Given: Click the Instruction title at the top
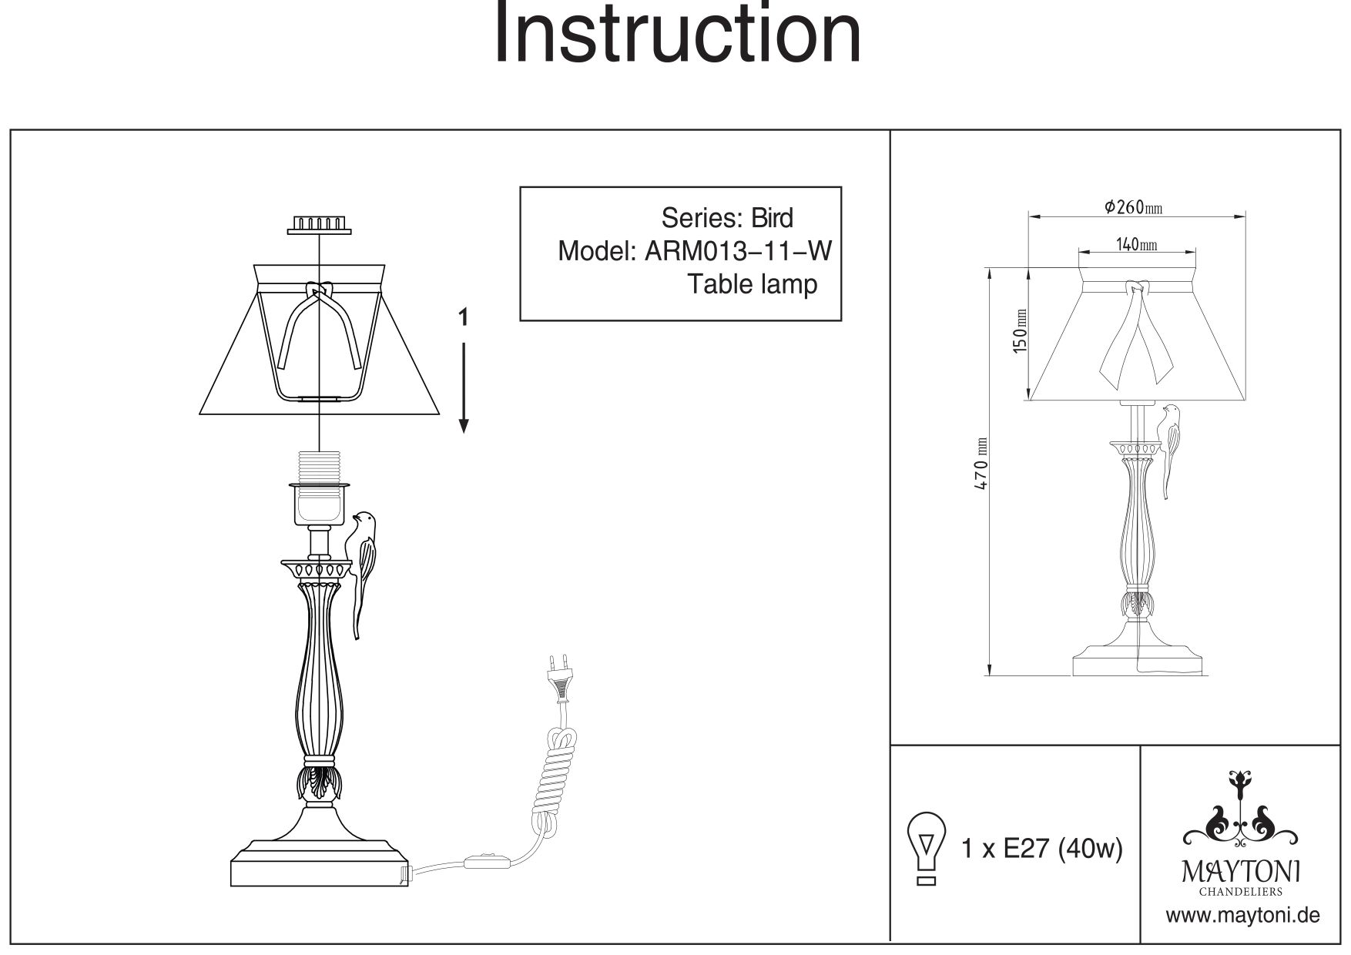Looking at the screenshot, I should (676, 35).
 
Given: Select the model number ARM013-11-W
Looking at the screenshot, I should (737, 251).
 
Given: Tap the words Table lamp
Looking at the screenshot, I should (752, 284).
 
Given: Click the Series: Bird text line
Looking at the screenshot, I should (726, 218).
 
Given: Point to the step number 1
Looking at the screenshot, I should (463, 317).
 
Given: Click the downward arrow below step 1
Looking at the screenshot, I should (464, 389).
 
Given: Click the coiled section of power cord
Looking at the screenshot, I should (555, 778).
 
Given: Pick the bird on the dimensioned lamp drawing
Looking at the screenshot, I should (1172, 447).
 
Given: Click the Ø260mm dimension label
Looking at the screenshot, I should (1132, 207).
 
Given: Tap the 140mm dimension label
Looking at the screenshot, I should (1137, 245).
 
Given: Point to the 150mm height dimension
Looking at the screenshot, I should (1021, 330).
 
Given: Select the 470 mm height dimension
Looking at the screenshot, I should (981, 466).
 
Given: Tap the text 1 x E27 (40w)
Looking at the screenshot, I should (1042, 849).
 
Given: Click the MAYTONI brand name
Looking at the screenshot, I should (1241, 872).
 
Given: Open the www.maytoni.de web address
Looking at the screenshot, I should (1242, 916).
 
